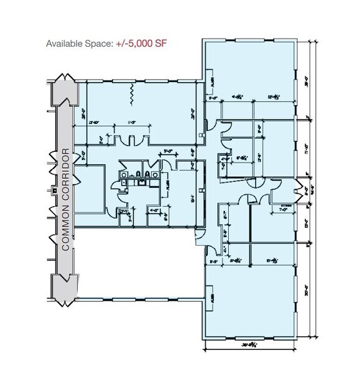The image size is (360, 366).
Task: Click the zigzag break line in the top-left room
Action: [x=131, y=94]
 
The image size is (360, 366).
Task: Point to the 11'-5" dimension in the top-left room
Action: [x=131, y=123]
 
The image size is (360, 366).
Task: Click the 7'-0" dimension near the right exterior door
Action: [x=287, y=209]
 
